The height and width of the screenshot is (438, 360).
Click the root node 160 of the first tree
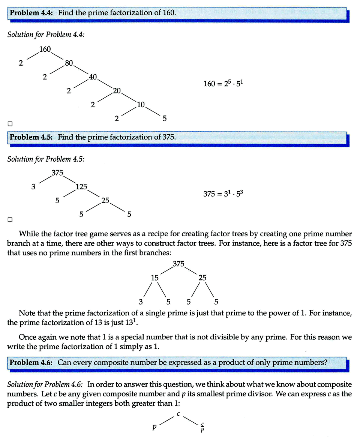pyautogui.click(x=45, y=49)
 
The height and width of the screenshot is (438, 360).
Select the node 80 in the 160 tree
pyautogui.click(x=69, y=63)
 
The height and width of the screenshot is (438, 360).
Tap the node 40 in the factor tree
pyautogui.click(x=93, y=77)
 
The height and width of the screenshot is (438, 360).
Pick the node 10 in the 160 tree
pyautogui.click(x=141, y=105)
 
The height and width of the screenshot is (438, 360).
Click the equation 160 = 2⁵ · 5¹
pyautogui.click(x=223, y=84)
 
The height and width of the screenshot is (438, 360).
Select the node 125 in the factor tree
pyautogui.click(x=81, y=186)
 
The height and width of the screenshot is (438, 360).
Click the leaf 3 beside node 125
pyautogui.click(x=33, y=186)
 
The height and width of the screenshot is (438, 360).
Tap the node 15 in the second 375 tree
pyautogui.click(x=155, y=278)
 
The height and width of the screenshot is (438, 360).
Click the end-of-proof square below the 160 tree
pyautogui.click(x=10, y=123)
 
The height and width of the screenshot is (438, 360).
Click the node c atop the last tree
pyautogui.click(x=179, y=414)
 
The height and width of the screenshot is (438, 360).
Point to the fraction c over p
pyautogui.click(x=202, y=427)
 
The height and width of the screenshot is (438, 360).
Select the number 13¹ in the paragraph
pyautogui.click(x=131, y=322)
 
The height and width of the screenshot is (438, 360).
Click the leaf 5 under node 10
pyautogui.click(x=165, y=118)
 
